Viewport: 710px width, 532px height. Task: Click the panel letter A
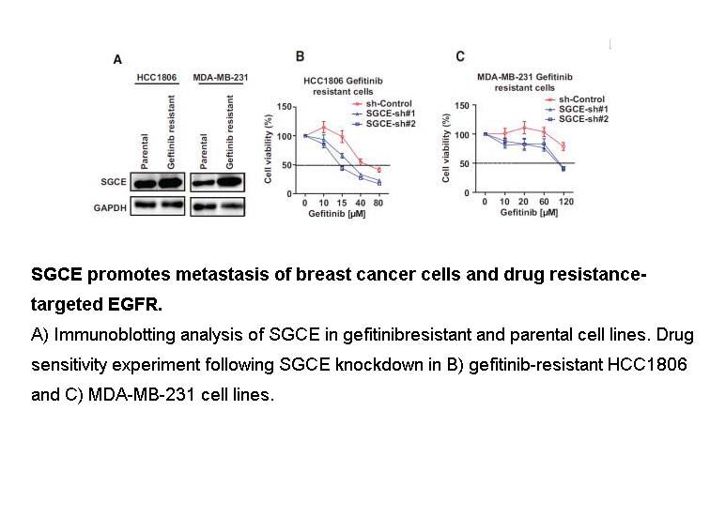tap(117, 59)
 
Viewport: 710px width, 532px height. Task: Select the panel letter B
tap(300, 56)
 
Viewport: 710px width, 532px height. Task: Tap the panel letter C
tap(460, 56)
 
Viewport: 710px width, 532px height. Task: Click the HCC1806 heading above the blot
tap(157, 77)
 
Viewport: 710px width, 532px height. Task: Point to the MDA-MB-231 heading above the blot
tap(221, 77)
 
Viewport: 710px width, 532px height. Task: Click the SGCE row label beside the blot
tap(114, 182)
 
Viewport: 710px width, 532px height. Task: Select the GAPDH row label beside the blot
tap(110, 208)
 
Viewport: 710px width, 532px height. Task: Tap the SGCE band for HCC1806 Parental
tap(145, 183)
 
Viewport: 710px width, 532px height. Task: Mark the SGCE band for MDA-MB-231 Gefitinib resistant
tap(229, 182)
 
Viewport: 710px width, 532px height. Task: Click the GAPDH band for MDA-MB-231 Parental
tap(203, 206)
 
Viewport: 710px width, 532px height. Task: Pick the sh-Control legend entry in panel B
tap(382, 103)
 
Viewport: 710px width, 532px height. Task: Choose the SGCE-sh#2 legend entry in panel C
tap(577, 119)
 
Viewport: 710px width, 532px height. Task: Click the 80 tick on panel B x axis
tap(378, 203)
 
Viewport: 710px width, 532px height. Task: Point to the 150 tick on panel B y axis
tap(285, 107)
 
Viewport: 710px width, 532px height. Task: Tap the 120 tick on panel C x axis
tap(566, 202)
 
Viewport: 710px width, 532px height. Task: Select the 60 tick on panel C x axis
tap(544, 202)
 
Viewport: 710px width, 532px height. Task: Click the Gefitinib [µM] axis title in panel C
tap(529, 212)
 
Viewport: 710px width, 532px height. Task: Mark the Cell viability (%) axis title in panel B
tap(268, 149)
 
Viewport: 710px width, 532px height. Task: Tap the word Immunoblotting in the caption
tap(115, 335)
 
